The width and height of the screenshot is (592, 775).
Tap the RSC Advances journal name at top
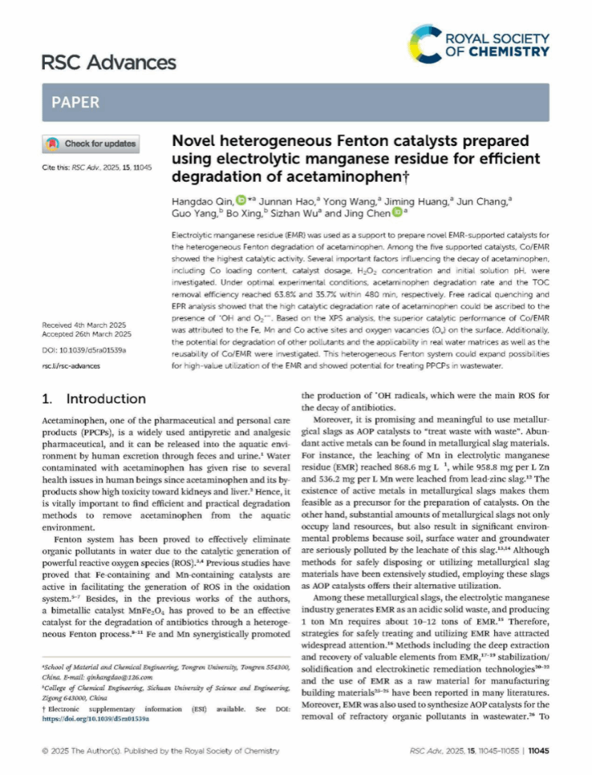click(108, 63)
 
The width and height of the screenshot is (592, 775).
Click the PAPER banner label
click(75, 103)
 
